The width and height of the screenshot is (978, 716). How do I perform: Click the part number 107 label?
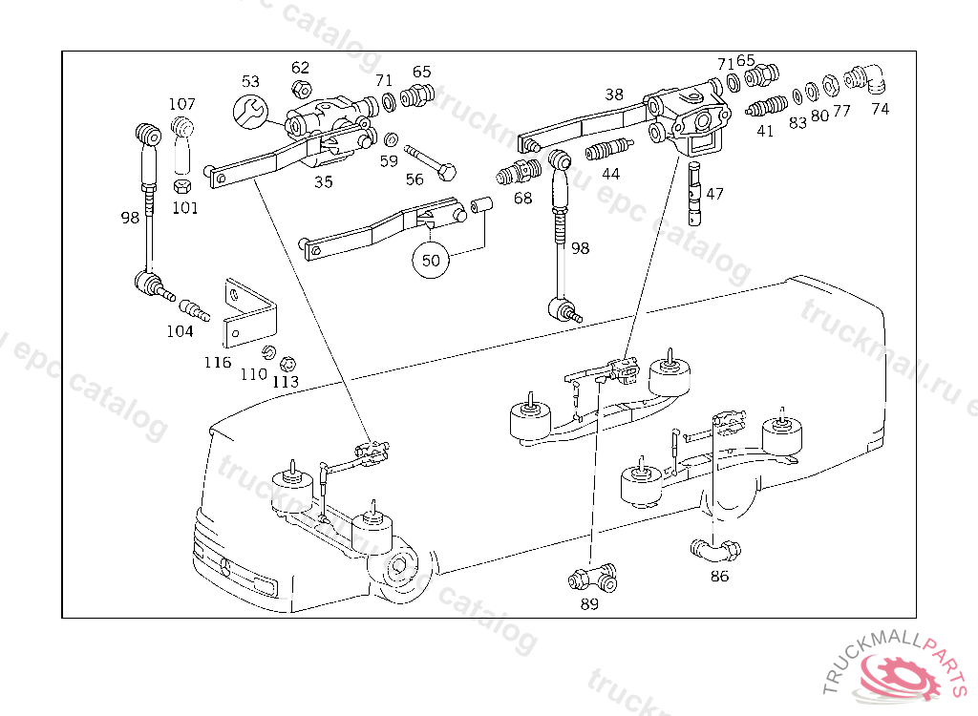(x=182, y=104)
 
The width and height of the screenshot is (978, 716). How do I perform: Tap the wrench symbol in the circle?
(x=251, y=112)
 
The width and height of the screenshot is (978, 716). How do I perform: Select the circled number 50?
(x=431, y=259)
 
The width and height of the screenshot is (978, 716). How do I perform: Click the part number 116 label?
(x=217, y=362)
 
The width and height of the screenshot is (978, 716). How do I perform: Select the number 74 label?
(x=880, y=109)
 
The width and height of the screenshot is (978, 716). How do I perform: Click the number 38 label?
(x=614, y=95)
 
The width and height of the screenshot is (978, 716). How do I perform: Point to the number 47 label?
(x=714, y=194)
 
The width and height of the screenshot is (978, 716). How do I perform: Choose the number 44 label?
(x=610, y=174)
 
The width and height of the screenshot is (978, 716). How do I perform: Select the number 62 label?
(x=300, y=67)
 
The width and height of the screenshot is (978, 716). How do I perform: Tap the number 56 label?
(x=414, y=179)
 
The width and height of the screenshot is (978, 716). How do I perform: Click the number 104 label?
(x=180, y=331)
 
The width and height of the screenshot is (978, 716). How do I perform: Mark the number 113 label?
(x=285, y=381)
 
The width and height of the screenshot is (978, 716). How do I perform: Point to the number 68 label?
(x=522, y=198)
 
